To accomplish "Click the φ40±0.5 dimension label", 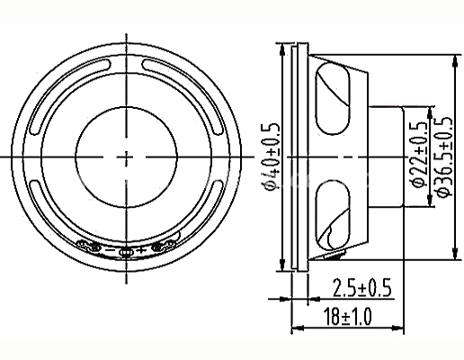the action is click(271, 157).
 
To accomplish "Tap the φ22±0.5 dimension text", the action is click(419, 154).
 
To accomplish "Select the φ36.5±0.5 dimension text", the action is click(443, 157).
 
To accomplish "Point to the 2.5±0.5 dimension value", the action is click(361, 287).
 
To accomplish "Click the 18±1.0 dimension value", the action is click(347, 316).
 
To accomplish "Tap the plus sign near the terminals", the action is click(141, 249).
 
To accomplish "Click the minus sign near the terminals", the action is click(111, 249).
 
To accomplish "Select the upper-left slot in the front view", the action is click(70, 96).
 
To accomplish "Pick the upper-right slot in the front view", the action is click(183, 96).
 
